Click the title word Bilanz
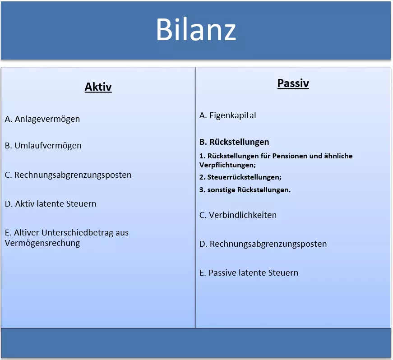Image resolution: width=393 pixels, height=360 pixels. pos(196,30)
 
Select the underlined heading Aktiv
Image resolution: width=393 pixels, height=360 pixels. pos(98,87)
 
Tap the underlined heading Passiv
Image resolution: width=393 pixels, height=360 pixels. pos(293,83)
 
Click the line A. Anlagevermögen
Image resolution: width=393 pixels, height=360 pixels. pos(42,119)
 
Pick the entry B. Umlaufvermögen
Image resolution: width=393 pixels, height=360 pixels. pos(43,146)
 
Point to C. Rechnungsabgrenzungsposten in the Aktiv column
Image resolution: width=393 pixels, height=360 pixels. pos(68,175)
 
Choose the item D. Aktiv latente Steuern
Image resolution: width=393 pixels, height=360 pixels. pos(51,204)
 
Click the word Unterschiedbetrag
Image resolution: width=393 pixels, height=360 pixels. pos(79,233)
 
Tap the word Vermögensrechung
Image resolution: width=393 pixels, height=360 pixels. pos(42,243)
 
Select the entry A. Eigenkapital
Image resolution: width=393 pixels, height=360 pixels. pos(228,115)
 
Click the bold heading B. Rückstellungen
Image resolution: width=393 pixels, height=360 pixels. pos(234,142)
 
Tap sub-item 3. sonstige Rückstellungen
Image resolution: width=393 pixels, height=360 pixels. pos(245,190)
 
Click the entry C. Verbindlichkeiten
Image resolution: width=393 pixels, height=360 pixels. pos(238,215)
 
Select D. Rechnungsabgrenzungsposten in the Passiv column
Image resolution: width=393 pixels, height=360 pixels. pos(263,244)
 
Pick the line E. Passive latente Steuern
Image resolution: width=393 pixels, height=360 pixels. pos(249,273)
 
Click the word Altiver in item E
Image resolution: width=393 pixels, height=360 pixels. pos(27,233)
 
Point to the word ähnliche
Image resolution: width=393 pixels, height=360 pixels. pos(338,156)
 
